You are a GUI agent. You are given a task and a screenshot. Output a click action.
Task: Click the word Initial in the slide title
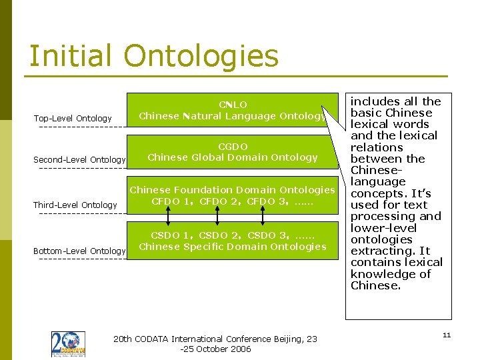click(x=70, y=56)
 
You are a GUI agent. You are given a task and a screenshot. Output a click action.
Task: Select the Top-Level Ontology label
click(x=73, y=119)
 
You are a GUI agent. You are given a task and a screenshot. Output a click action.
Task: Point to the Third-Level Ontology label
click(x=75, y=205)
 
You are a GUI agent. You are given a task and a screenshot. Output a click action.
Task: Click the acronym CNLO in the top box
click(x=233, y=105)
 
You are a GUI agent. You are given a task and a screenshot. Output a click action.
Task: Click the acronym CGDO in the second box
click(x=233, y=146)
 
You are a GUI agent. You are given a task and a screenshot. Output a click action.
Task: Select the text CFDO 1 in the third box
click(x=172, y=201)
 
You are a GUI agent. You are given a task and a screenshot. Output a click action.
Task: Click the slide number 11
click(x=447, y=335)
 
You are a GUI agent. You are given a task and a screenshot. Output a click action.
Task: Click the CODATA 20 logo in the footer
click(x=68, y=345)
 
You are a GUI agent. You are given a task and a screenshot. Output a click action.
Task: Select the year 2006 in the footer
click(x=240, y=349)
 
